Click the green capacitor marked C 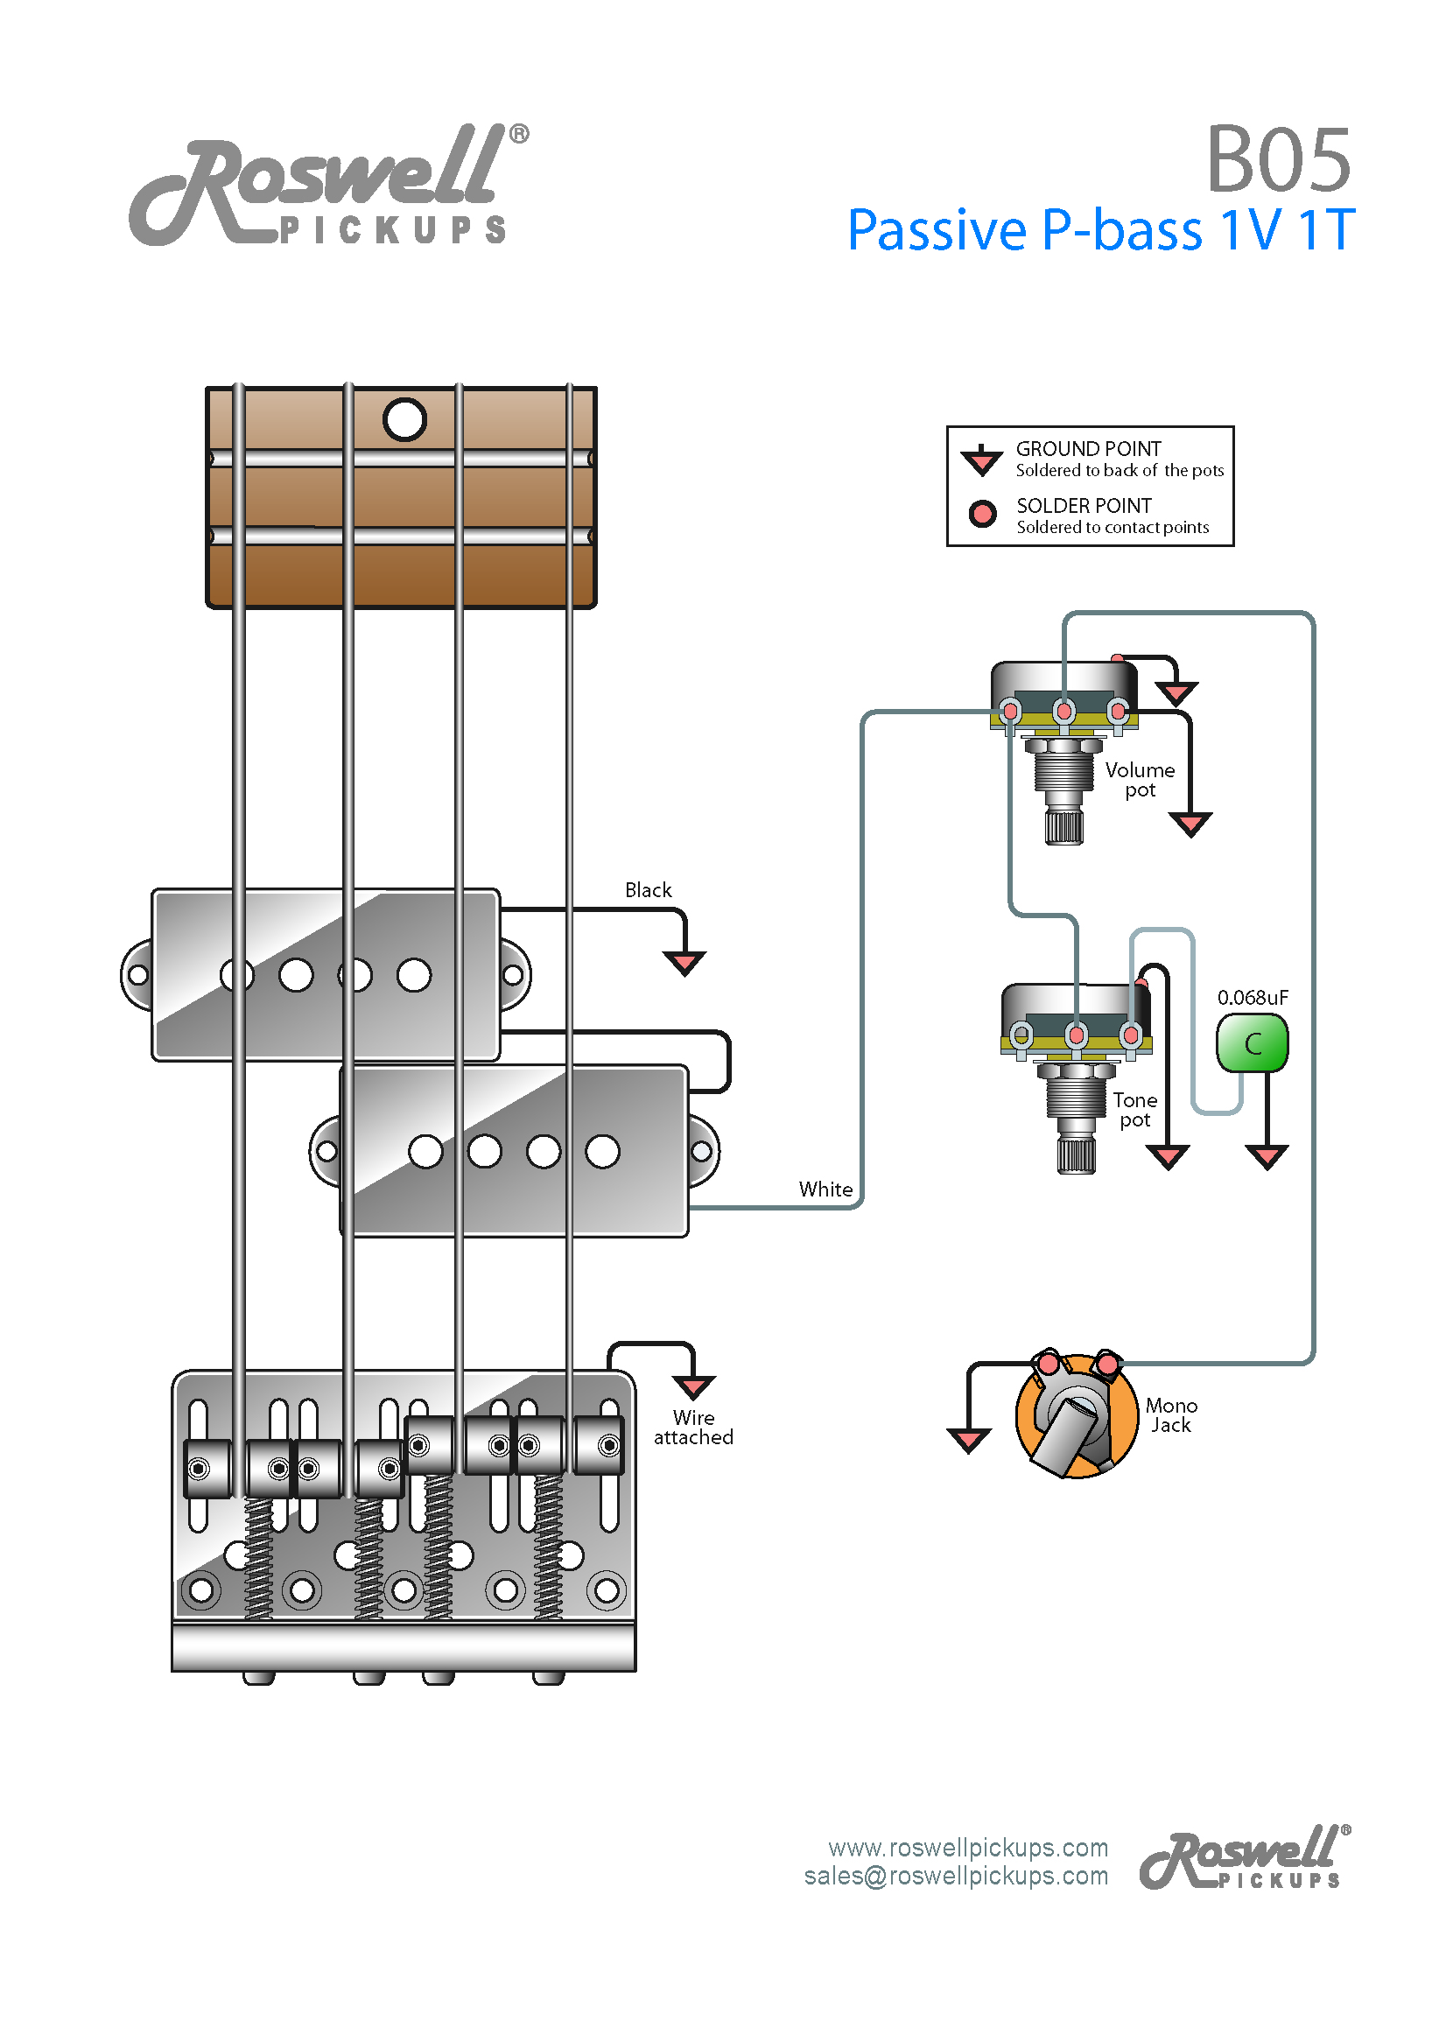pos(1252,1043)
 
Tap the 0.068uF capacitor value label pos(1253,997)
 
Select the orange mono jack pos(1076,1415)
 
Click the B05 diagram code pos(1278,159)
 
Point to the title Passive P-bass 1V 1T pos(1101,229)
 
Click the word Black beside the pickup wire pos(648,890)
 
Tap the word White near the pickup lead pos(825,1189)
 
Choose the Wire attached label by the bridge pos(693,1427)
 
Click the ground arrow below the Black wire pos(684,962)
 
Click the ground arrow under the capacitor pos(1267,1156)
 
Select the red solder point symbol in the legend pos(982,513)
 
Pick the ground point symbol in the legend pos(982,459)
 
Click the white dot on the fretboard pos(404,420)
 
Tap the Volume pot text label pos(1140,780)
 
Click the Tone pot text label pos(1135,1110)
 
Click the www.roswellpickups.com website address pos(968,1847)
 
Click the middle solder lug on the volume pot pos(1063,711)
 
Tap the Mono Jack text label pos(1170,1415)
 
